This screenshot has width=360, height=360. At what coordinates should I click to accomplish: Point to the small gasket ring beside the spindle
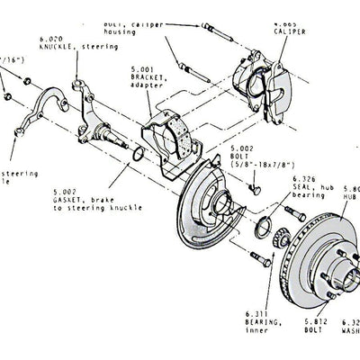135,157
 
